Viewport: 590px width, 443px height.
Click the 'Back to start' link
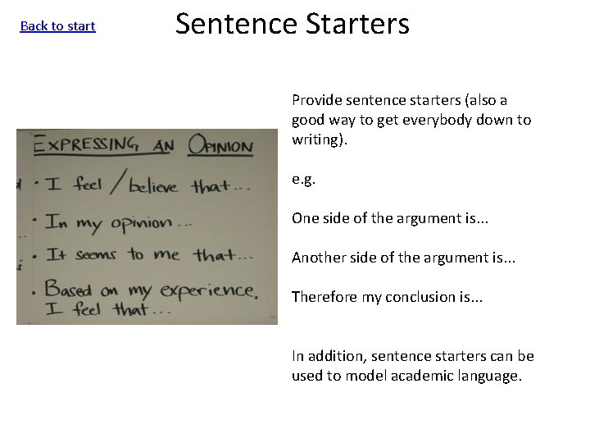(57, 26)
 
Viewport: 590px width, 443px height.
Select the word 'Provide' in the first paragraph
(316, 101)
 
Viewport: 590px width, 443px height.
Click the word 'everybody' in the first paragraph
(450, 120)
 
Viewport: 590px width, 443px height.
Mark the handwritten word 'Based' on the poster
(70, 288)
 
